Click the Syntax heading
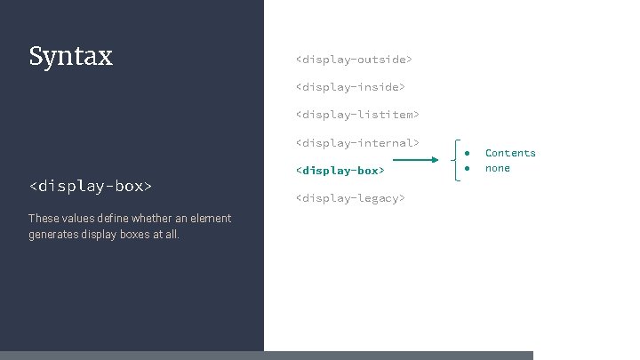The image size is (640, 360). [71, 57]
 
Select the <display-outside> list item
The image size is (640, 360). [353, 60]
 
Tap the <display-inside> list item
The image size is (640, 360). [349, 87]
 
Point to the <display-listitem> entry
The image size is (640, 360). [356, 115]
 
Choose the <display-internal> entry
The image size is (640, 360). [356, 142]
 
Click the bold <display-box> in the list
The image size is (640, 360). [340, 170]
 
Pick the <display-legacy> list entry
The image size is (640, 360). [349, 198]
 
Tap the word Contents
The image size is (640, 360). [510, 153]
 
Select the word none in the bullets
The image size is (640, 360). [498, 168]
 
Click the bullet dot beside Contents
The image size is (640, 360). [467, 153]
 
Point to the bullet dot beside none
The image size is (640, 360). [467, 168]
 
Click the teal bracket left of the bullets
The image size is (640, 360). [455, 160]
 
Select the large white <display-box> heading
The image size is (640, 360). [91, 186]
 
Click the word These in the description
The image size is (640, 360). [44, 218]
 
